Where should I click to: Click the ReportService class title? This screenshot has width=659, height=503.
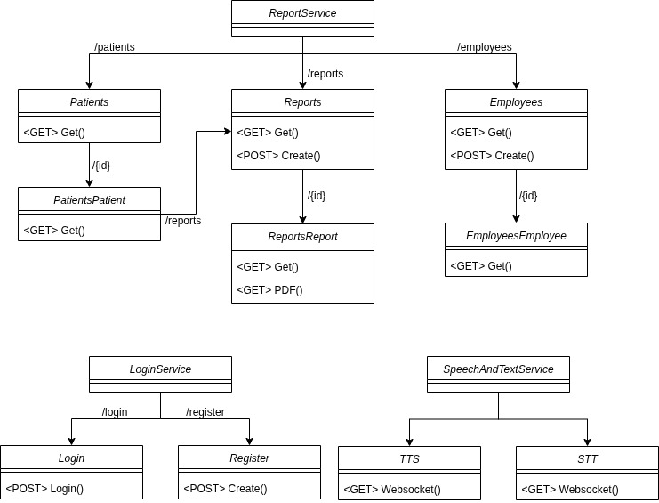pyautogui.click(x=302, y=13)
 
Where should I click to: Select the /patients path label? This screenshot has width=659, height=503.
pyautogui.click(x=115, y=47)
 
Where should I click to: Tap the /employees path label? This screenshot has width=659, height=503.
pyautogui.click(x=484, y=47)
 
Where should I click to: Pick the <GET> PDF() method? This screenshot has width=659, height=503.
pyautogui.click(x=269, y=289)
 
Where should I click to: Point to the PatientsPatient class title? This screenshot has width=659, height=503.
pyautogui.click(x=89, y=200)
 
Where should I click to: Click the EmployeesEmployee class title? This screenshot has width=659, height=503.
pyautogui.click(x=516, y=236)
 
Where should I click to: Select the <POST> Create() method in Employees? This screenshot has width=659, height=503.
pyautogui.click(x=492, y=156)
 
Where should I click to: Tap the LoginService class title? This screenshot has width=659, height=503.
pyautogui.click(x=160, y=369)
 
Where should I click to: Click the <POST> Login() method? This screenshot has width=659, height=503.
pyautogui.click(x=44, y=489)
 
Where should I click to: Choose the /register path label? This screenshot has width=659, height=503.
pyautogui.click(x=205, y=412)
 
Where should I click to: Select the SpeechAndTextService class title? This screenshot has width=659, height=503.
pyautogui.click(x=498, y=369)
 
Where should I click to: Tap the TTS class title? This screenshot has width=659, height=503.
pyautogui.click(x=409, y=459)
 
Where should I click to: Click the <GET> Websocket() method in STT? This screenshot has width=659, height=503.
pyautogui.click(x=569, y=489)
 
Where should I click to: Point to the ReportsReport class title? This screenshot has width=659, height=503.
pyautogui.click(x=302, y=237)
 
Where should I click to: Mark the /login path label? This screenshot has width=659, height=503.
pyautogui.click(x=115, y=412)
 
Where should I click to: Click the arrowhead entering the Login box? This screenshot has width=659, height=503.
pyautogui.click(x=71, y=441)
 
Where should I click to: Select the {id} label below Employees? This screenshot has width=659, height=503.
pyautogui.click(x=528, y=196)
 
